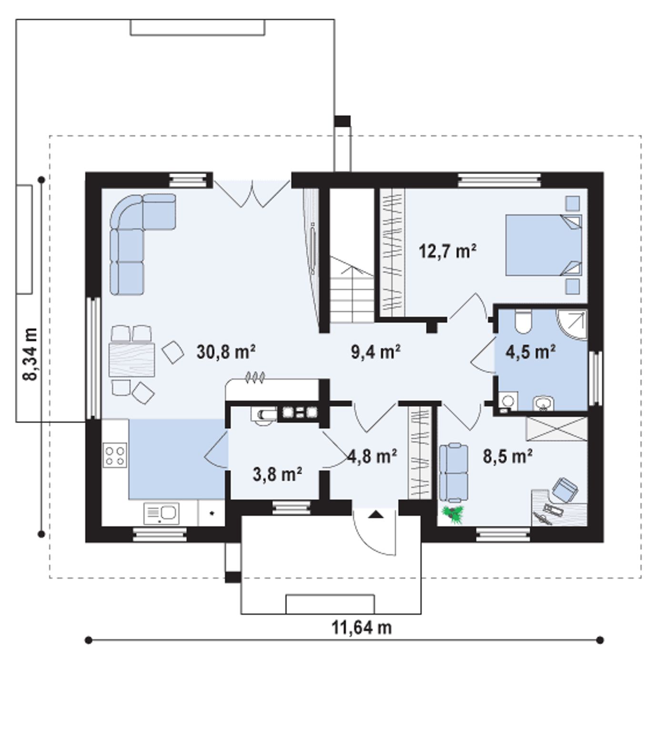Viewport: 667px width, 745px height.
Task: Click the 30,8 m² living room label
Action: pyautogui.click(x=226, y=352)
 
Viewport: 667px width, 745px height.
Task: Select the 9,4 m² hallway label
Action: pyautogui.click(x=375, y=352)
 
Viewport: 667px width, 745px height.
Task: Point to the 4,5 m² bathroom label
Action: pyautogui.click(x=530, y=352)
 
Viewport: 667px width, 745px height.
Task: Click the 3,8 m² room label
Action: pyautogui.click(x=277, y=474)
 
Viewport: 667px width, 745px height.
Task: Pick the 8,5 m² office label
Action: pyautogui.click(x=507, y=456)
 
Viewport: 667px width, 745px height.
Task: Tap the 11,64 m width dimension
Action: pyautogui.click(x=362, y=627)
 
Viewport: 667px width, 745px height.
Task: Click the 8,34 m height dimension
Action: pyautogui.click(x=30, y=354)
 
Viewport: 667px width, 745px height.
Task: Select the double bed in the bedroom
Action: pyautogui.click(x=544, y=245)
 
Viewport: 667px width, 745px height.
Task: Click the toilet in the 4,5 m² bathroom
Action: pyautogui.click(x=523, y=322)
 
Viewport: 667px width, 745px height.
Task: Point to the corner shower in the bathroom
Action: pyautogui.click(x=572, y=325)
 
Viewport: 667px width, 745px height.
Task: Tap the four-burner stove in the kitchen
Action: pyautogui.click(x=115, y=455)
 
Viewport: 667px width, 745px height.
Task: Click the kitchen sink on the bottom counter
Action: pyautogui.click(x=162, y=513)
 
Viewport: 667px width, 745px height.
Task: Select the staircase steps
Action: pyautogui.click(x=352, y=290)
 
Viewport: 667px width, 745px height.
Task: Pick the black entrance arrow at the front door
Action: pyautogui.click(x=376, y=513)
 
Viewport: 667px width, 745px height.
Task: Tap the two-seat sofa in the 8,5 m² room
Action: pyautogui.click(x=453, y=472)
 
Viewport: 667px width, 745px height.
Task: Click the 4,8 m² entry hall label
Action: pyautogui.click(x=373, y=456)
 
